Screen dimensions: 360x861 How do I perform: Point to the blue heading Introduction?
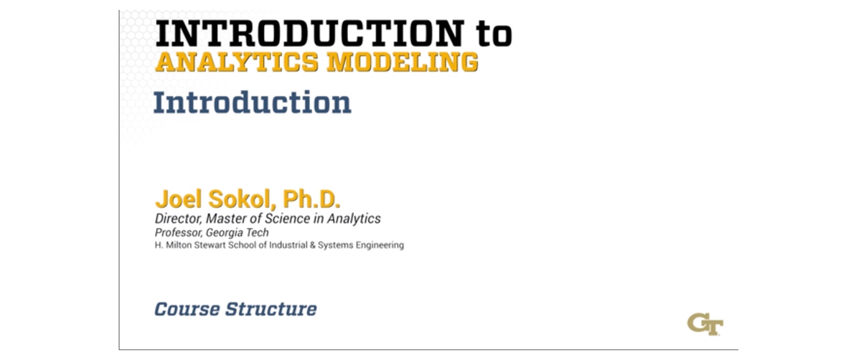tap(252, 103)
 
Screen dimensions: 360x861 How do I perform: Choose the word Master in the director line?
tap(229, 219)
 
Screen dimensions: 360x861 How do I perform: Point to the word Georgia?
tap(226, 232)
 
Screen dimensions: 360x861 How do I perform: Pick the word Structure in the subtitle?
tap(271, 310)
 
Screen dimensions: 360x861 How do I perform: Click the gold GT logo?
tap(705, 323)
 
